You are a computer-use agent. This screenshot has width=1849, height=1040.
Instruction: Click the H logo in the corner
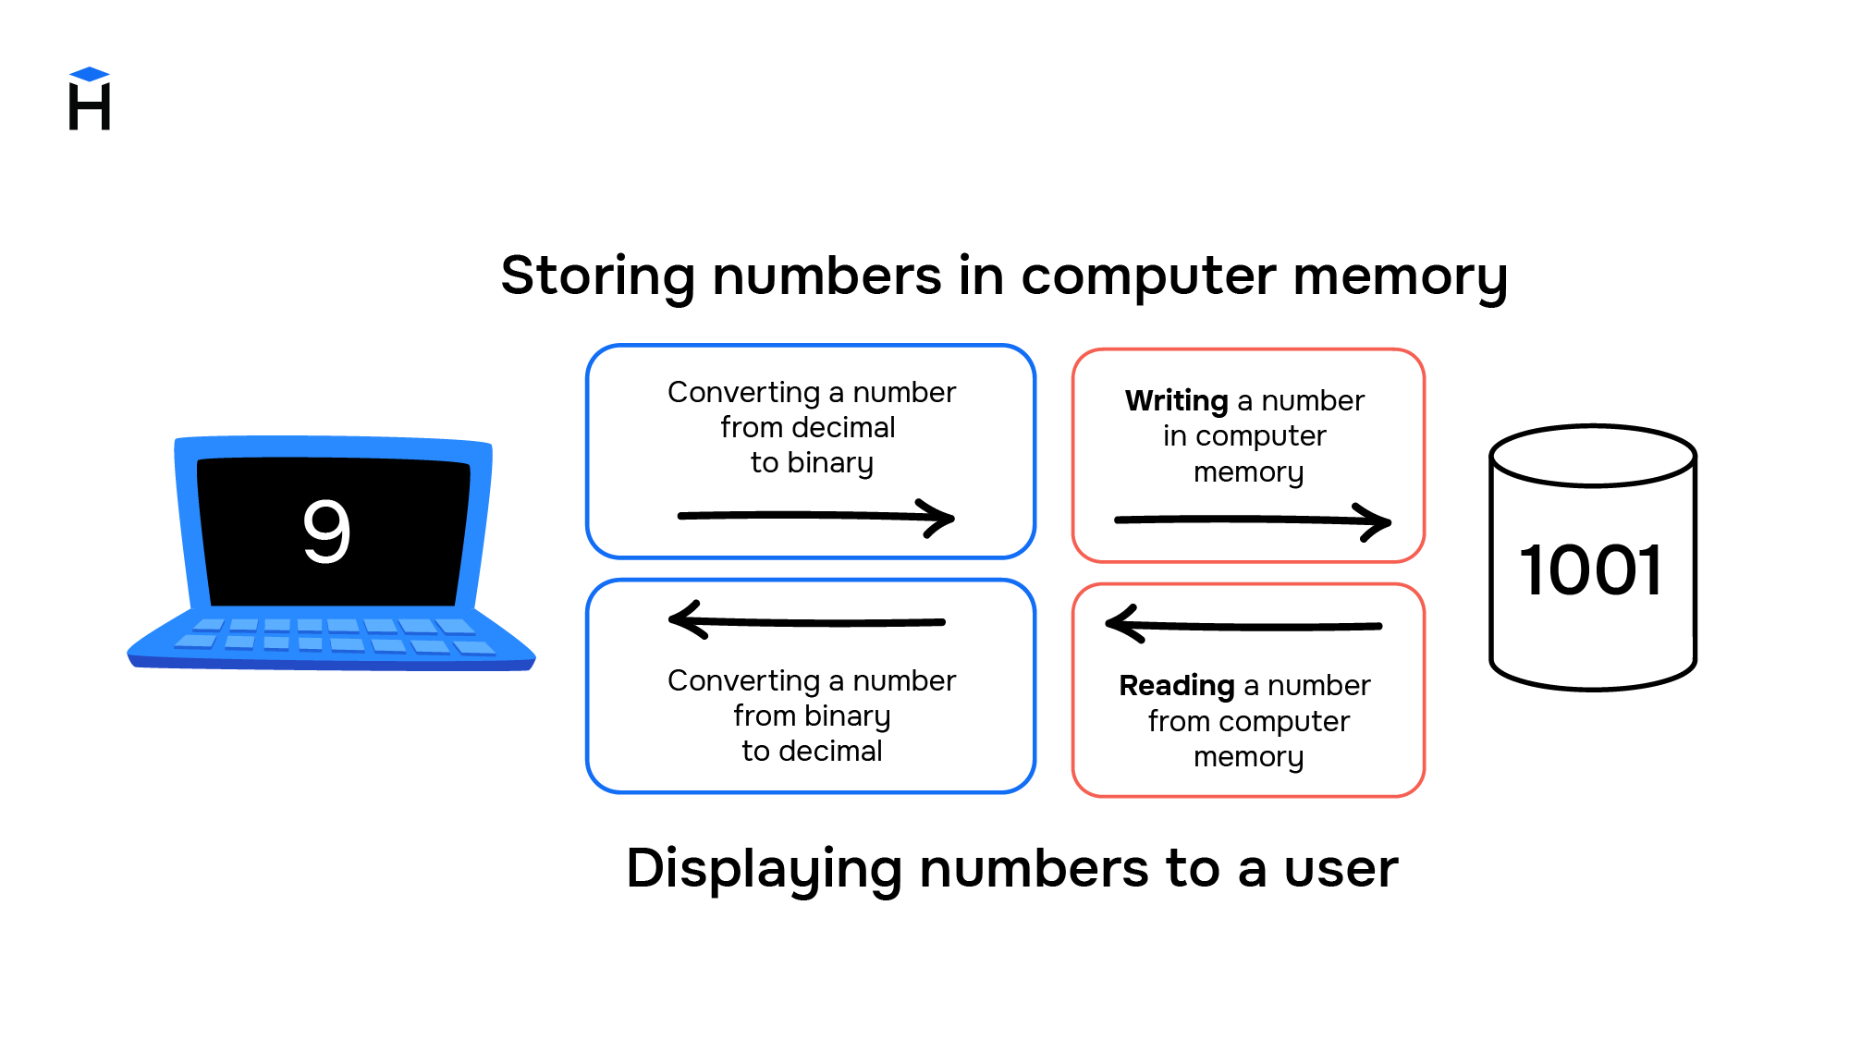[x=90, y=100]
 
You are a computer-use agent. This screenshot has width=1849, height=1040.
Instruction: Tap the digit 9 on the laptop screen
[x=326, y=531]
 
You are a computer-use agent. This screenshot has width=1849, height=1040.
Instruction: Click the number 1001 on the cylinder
[x=1591, y=569]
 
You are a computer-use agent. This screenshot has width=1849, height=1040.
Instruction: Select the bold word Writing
[x=1176, y=401]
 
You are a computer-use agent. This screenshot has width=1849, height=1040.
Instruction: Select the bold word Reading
[x=1176, y=686]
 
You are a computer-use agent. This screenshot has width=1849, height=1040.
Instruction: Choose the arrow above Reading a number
[x=1243, y=625]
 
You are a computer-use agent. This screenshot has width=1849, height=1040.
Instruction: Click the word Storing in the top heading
[x=597, y=275]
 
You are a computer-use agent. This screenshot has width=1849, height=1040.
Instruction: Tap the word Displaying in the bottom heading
[x=764, y=869]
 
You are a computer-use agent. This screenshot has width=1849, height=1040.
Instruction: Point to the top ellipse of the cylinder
[x=1593, y=456]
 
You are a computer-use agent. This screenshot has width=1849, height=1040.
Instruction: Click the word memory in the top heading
[x=1400, y=275]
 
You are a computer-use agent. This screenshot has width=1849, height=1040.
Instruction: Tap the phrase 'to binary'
[x=812, y=462]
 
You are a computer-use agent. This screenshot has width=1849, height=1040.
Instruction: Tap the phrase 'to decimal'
[x=812, y=751]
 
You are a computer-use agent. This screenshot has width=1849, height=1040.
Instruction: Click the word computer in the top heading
[x=1148, y=275]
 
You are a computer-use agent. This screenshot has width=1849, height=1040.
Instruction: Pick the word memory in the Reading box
[x=1248, y=757]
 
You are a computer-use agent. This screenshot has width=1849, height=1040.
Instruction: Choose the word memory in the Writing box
[x=1248, y=472]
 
